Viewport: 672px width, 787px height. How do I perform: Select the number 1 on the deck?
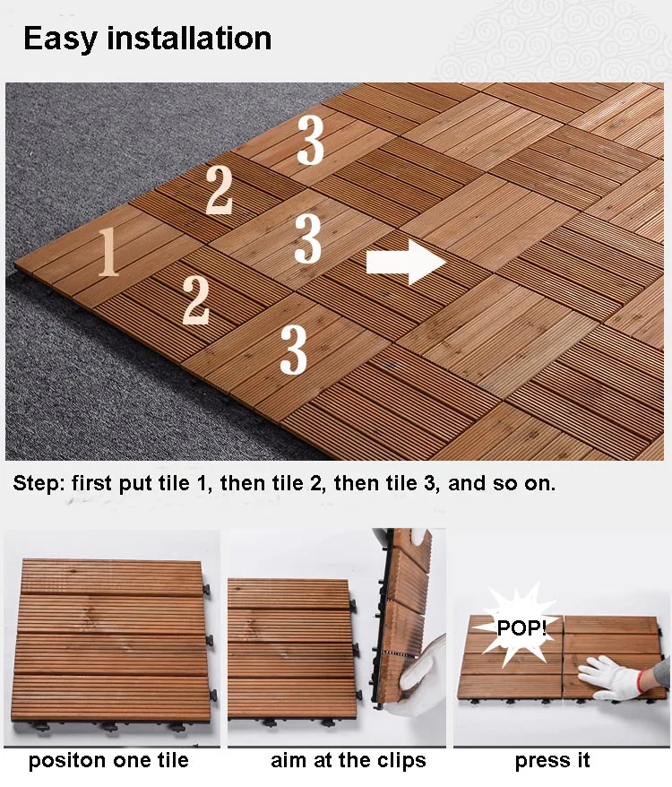point(108,251)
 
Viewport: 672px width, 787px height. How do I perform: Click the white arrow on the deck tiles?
point(405,262)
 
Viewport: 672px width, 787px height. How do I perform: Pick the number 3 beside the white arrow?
point(307,239)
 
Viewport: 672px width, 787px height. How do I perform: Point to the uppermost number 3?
point(310,141)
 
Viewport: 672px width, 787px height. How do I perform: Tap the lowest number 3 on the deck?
point(293,350)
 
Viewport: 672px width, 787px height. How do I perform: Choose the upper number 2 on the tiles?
point(220,190)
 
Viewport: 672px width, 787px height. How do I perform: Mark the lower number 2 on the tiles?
point(195,300)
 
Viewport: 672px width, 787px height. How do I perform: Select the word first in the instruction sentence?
point(92,484)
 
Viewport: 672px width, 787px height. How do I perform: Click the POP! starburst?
point(521,627)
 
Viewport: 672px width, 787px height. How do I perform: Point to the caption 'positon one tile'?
point(108,761)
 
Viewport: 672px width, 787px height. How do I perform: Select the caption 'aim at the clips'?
point(349,761)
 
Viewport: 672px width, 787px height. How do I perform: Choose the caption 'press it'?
point(552,761)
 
